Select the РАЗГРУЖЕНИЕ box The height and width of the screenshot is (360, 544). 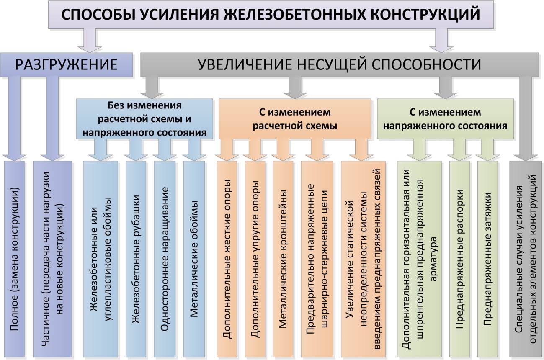pos(66,65)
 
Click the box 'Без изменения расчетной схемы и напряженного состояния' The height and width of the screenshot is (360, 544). pos(145,119)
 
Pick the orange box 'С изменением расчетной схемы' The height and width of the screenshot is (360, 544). pos(295,119)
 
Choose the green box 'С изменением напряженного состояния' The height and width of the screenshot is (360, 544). pos(445,119)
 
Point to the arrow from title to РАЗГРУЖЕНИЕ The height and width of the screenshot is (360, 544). pos(90,41)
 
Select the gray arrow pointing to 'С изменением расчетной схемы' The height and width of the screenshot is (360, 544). pos(295,88)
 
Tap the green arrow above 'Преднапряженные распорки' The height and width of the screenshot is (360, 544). pos(459,150)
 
